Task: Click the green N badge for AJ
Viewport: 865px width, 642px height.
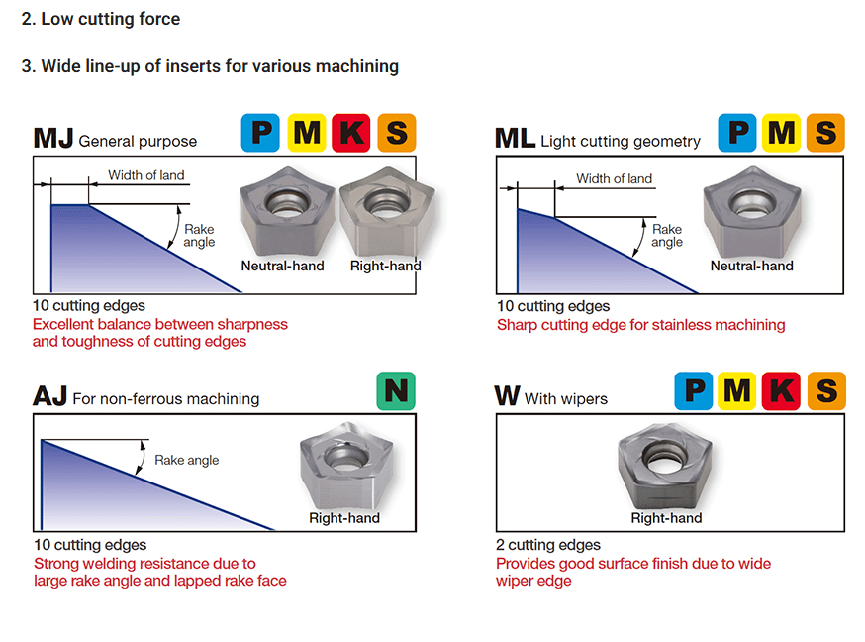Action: [x=396, y=391]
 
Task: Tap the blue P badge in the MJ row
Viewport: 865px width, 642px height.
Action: [x=260, y=133]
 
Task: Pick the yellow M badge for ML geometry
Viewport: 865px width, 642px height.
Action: [x=781, y=133]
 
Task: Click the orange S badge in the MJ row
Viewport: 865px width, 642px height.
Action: [x=396, y=133]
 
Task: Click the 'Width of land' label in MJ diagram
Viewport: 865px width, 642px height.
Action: [x=146, y=175]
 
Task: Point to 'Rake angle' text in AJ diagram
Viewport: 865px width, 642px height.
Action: [x=187, y=460]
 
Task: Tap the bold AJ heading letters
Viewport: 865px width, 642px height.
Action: [x=49, y=397]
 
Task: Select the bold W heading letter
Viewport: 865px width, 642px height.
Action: [x=507, y=397]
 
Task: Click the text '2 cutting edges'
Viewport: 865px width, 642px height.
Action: [x=548, y=545]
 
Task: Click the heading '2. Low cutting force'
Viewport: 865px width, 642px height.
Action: [x=100, y=19]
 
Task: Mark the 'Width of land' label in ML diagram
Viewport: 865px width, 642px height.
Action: [x=614, y=178]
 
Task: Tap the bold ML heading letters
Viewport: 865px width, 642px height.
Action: [x=515, y=139]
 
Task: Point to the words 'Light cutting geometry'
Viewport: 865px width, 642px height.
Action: [x=621, y=142]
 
